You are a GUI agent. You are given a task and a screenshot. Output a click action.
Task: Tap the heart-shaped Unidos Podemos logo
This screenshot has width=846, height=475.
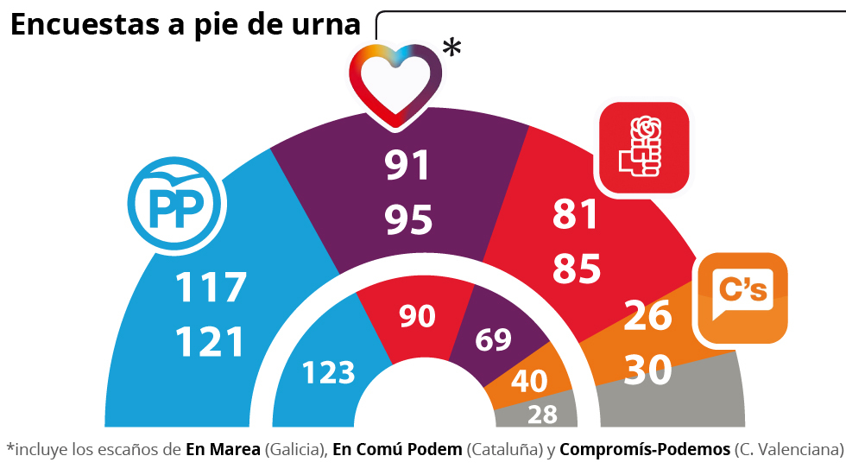click(x=395, y=84)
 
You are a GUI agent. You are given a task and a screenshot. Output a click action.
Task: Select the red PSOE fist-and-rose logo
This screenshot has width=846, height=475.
click(x=644, y=149)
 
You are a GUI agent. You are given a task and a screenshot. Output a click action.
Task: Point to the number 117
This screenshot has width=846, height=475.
click(x=211, y=288)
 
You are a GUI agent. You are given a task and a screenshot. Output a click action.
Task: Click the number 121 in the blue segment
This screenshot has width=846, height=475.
click(x=211, y=342)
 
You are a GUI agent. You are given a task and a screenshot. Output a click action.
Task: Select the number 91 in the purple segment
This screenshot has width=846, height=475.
click(x=408, y=166)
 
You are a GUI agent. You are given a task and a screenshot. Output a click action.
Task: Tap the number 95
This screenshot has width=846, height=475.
click(x=408, y=220)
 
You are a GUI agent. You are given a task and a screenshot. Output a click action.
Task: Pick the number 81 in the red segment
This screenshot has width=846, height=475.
click(x=577, y=215)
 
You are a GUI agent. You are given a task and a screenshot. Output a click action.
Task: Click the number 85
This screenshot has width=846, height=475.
click(x=577, y=269)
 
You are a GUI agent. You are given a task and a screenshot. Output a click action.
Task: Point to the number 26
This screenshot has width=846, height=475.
click(x=647, y=316)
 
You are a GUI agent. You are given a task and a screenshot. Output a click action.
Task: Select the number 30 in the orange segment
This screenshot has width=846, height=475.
click(x=647, y=370)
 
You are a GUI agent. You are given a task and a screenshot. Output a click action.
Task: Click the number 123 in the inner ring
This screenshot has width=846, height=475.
click(x=328, y=373)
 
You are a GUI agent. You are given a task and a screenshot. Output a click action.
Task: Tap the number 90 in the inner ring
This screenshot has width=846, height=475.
click(x=417, y=317)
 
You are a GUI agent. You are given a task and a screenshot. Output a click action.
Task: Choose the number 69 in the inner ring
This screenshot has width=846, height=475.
click(x=493, y=339)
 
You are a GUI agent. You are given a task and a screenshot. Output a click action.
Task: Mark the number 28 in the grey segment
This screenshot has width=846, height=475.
click(x=542, y=415)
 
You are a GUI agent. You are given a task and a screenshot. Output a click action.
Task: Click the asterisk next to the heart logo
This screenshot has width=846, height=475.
click(x=451, y=48)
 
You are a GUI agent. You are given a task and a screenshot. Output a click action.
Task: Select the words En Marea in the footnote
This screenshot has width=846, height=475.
click(x=224, y=449)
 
